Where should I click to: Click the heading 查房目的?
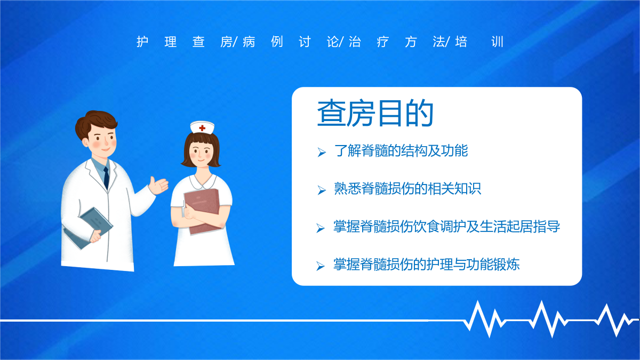point(375,113)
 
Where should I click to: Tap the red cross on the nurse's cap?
point(202,128)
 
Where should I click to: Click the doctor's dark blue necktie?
point(106,178)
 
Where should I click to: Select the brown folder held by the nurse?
point(202,211)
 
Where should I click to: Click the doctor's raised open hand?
point(158,185)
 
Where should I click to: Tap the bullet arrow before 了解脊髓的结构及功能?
point(322,152)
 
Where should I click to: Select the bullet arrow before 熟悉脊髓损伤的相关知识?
point(322,190)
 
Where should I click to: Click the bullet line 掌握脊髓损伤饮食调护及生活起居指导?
point(446,227)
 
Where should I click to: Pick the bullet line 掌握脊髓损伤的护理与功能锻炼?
point(426,265)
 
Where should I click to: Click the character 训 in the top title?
point(497,42)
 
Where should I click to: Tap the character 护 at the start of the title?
point(142,42)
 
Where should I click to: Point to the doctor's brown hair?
point(95,123)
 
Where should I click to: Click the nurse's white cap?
point(202,127)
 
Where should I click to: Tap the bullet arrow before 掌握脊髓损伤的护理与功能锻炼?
point(321,266)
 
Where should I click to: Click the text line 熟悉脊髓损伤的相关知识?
point(407,189)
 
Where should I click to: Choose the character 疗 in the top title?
point(383,42)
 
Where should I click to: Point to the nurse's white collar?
point(203,182)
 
